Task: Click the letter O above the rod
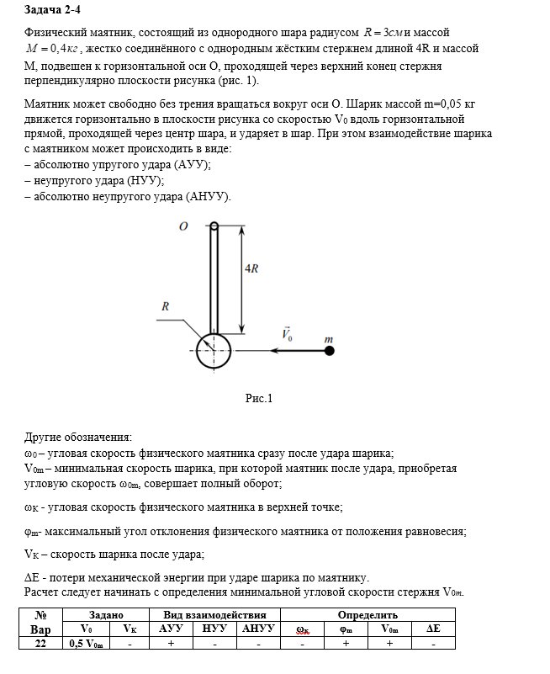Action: click(x=182, y=226)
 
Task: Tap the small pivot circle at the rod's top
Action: click(x=214, y=226)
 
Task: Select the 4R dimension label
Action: click(x=251, y=268)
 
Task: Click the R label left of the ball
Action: click(x=167, y=307)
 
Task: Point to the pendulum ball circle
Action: click(x=214, y=351)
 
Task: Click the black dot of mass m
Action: click(x=329, y=350)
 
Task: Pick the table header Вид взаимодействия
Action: click(x=214, y=615)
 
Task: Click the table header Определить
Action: click(x=368, y=615)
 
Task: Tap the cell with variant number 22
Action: click(x=40, y=643)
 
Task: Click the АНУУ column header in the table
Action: click(x=257, y=629)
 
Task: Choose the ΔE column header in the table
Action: click(x=434, y=629)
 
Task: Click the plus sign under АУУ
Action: click(x=171, y=643)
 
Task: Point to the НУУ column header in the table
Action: click(x=214, y=629)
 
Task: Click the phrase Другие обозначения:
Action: click(x=77, y=438)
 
